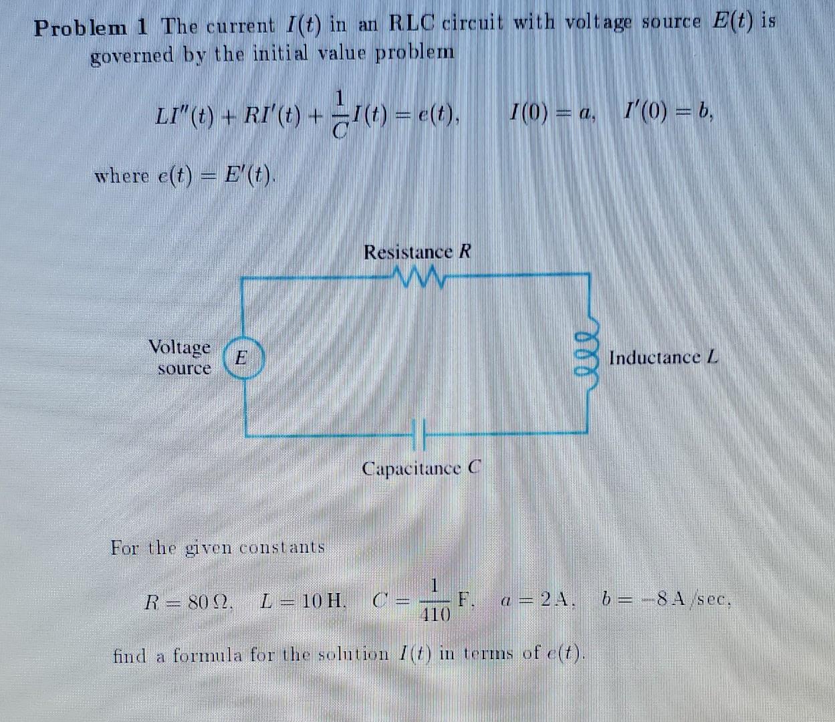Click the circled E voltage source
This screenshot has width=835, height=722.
[243, 358]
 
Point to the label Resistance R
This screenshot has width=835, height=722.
[417, 252]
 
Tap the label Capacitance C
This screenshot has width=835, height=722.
[421, 467]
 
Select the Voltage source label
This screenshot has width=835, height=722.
[180, 358]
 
